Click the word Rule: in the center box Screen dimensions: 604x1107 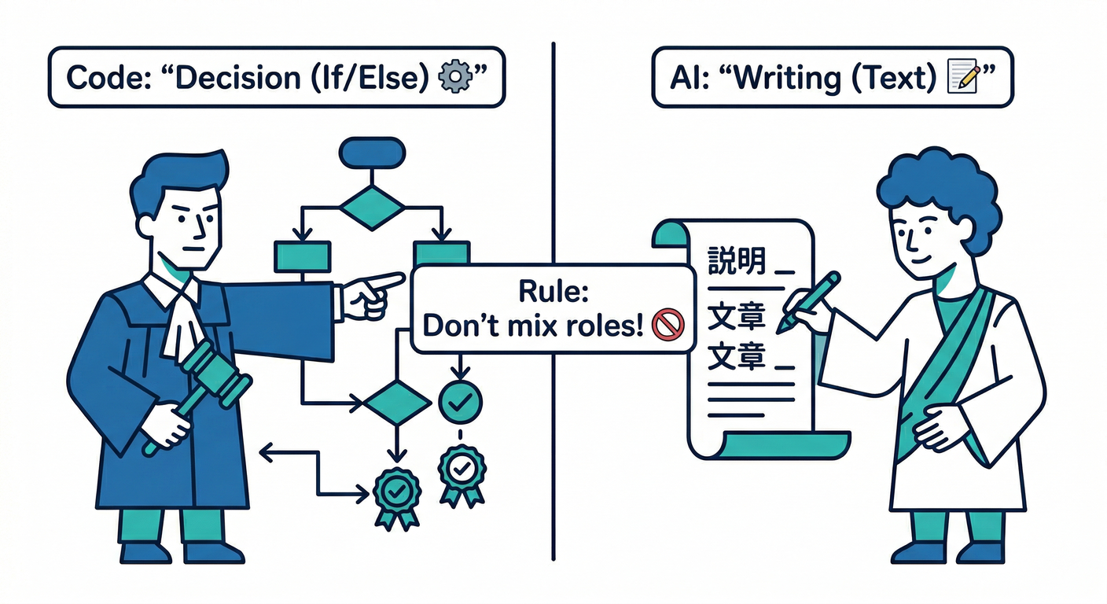point(553,291)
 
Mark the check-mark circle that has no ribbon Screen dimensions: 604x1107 point(460,401)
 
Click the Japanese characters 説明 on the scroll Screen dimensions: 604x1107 point(737,260)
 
